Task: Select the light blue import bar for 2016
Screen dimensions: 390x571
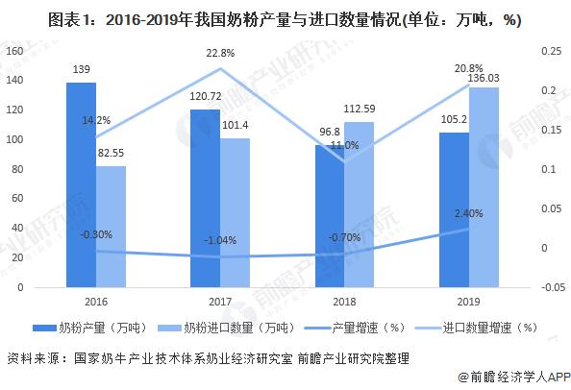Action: (x=111, y=227)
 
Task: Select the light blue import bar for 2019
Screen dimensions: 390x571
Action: (x=484, y=186)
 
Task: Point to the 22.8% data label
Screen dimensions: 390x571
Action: (x=221, y=54)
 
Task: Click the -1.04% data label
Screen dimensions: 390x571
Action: (x=220, y=240)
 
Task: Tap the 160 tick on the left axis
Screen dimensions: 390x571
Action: (x=14, y=51)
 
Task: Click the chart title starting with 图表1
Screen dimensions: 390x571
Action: (x=285, y=17)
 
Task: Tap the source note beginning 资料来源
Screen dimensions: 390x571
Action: (x=207, y=357)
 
